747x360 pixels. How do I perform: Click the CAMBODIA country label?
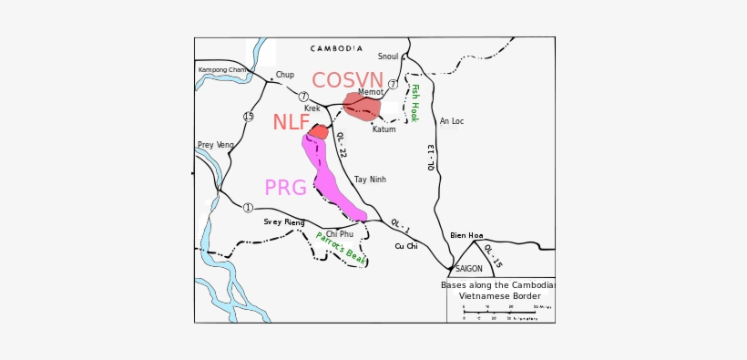tap(336, 48)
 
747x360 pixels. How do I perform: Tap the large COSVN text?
tap(347, 81)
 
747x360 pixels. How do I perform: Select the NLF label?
tap(291, 123)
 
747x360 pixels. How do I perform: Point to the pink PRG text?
tap(285, 189)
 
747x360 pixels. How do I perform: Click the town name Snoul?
tap(388, 57)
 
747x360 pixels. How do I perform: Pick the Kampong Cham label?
tap(222, 70)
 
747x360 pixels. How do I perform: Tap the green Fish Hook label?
tap(414, 103)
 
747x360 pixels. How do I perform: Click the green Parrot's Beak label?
tap(341, 249)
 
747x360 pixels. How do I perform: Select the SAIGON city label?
tap(468, 269)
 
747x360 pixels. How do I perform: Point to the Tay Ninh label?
tap(370, 180)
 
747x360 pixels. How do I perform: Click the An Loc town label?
tap(452, 121)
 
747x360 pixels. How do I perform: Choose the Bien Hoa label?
tap(466, 235)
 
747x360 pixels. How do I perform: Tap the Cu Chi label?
tap(406, 246)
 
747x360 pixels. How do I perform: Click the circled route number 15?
tap(249, 117)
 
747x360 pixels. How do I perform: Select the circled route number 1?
tap(248, 208)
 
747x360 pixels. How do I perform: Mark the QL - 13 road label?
tap(432, 157)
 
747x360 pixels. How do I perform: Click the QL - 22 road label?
tap(341, 145)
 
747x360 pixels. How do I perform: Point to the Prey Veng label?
tap(216, 145)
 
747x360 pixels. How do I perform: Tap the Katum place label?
tap(384, 129)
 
